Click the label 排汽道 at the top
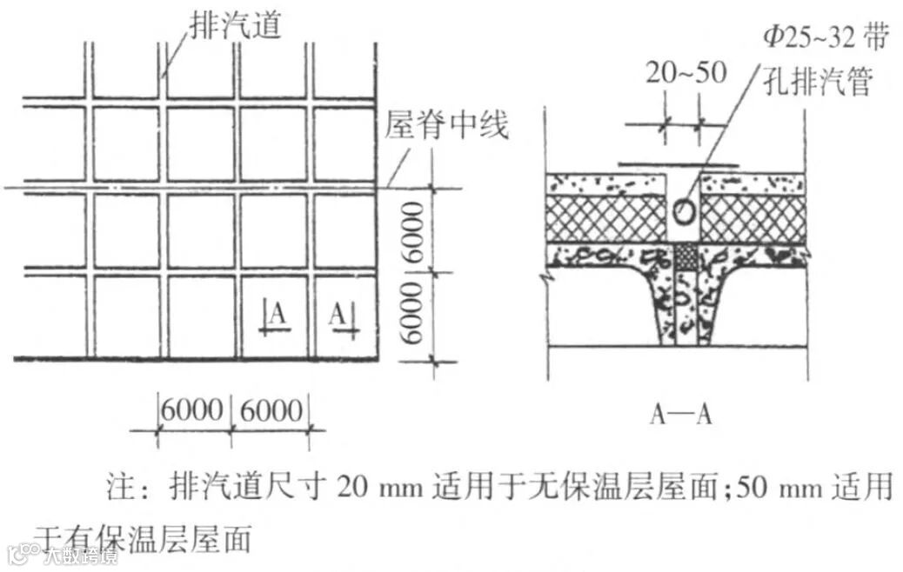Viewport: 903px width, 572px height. (234, 23)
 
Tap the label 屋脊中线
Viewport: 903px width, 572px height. (446, 129)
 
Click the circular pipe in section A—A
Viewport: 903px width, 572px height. (684, 210)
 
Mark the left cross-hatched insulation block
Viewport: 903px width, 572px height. (605, 218)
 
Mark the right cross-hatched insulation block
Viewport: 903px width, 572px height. (754, 218)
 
